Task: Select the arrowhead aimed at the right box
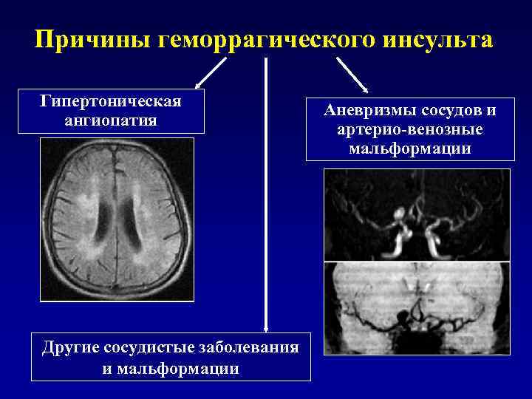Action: click(364, 88)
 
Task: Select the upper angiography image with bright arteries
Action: click(417, 215)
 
